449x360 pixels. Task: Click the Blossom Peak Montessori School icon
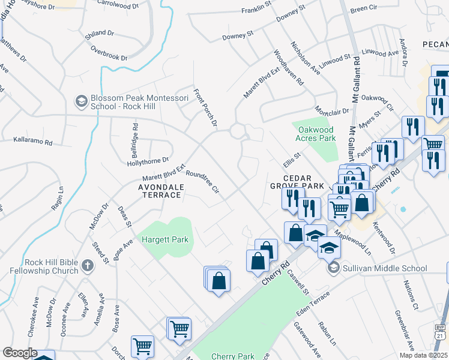pyautogui.click(x=80, y=101)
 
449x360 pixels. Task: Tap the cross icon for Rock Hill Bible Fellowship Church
pyautogui.click(x=87, y=265)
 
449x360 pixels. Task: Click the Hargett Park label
pyautogui.click(x=165, y=239)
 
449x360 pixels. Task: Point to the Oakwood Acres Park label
pyautogui.click(x=314, y=133)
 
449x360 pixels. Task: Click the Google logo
pyautogui.click(x=20, y=353)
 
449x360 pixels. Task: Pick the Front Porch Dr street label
pyautogui.click(x=204, y=109)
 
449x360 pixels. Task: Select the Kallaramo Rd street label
pyautogui.click(x=33, y=143)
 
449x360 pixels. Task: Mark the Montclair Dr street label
pyautogui.click(x=332, y=112)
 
